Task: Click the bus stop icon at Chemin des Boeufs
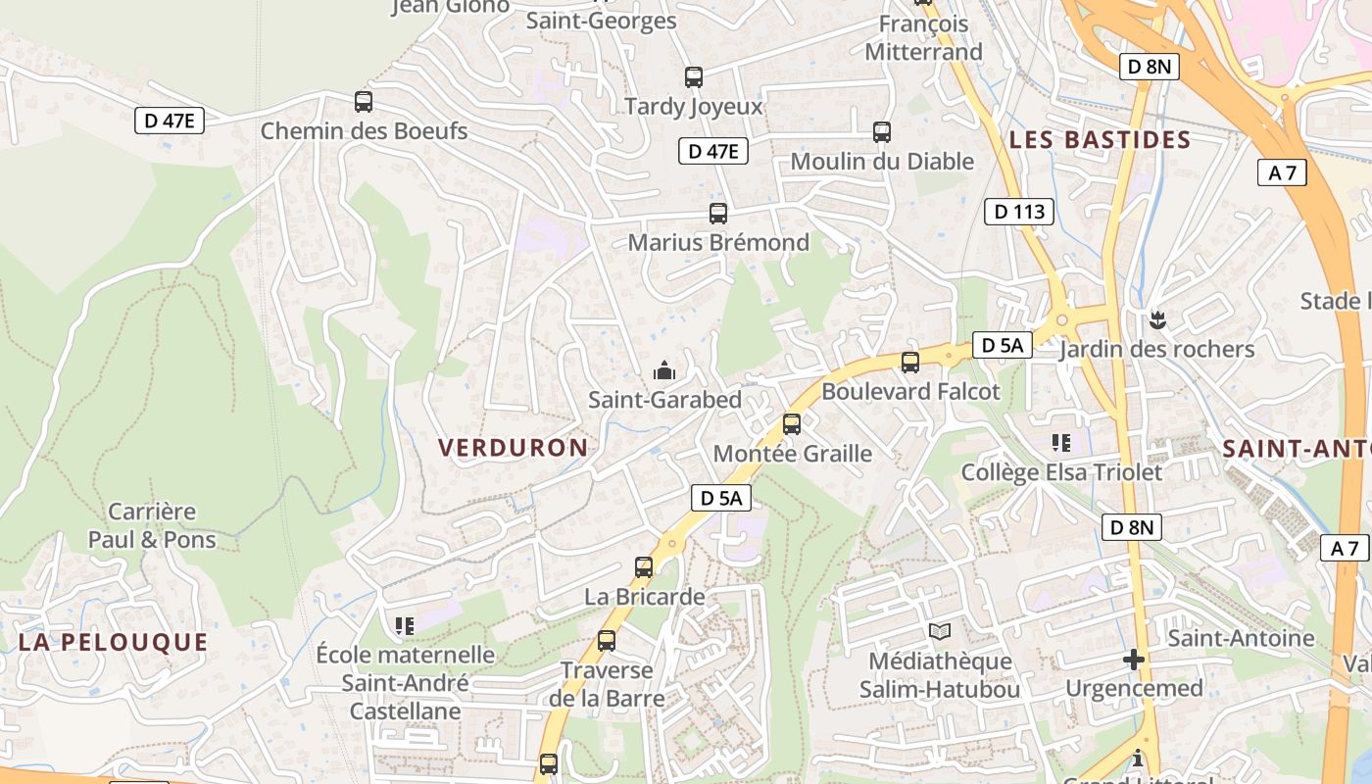(364, 101)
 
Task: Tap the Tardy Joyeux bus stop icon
(694, 76)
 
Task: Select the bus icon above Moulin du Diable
(882, 131)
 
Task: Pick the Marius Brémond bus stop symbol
(718, 213)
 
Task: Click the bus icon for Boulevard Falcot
(910, 363)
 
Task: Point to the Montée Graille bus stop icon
(792, 424)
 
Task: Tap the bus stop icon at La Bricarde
(644, 566)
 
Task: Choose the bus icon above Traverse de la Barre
(607, 641)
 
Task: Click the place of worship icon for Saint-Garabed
(664, 371)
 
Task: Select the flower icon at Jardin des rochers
(1157, 319)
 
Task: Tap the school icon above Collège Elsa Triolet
(1060, 443)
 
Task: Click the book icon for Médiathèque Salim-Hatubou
(940, 632)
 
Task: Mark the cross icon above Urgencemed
(1134, 660)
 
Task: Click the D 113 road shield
(1019, 211)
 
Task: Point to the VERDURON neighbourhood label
(513, 448)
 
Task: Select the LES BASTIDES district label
(1100, 139)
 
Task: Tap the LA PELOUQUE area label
(114, 643)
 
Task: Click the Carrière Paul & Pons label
(152, 525)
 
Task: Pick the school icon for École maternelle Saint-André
(404, 625)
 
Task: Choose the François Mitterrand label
(923, 37)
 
